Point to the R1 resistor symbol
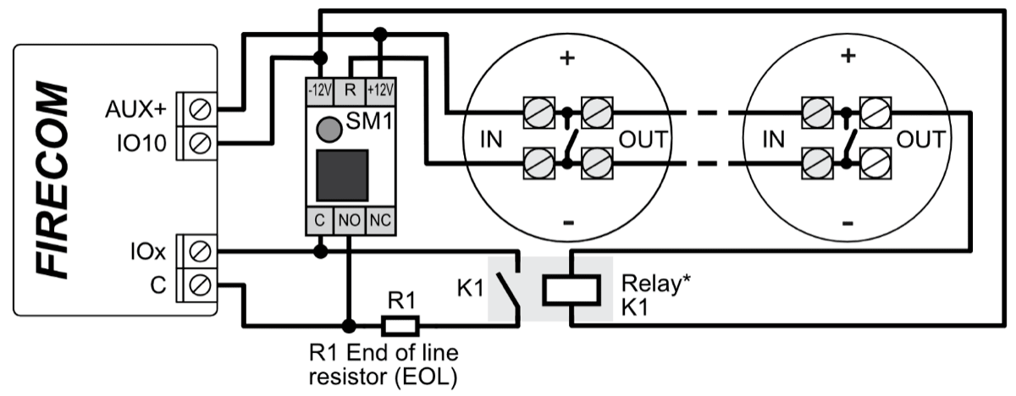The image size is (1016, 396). pyautogui.click(x=400, y=324)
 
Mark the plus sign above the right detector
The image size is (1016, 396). pyautogui.click(x=847, y=56)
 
